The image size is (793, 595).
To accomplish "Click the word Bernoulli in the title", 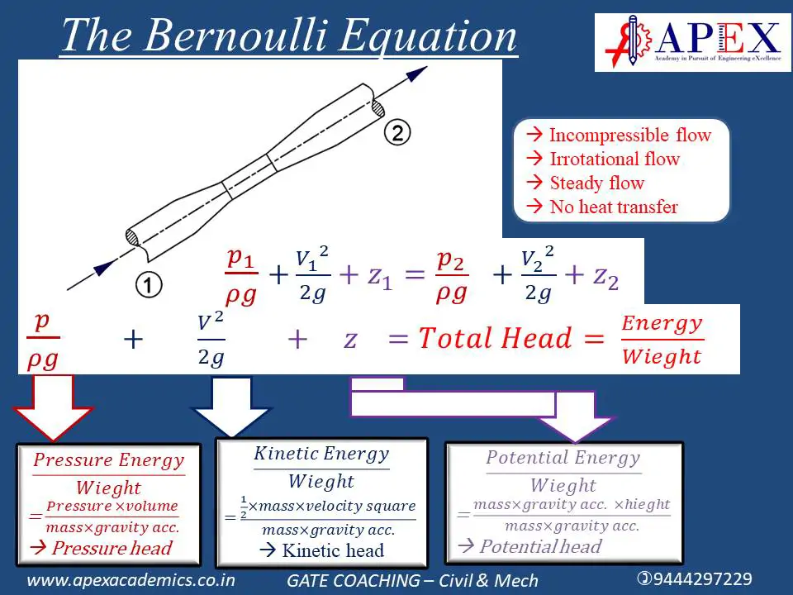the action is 235,36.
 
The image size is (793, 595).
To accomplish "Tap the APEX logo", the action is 692,42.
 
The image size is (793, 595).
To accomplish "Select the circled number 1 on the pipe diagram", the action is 149,284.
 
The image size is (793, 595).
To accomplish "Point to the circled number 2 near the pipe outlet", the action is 397,132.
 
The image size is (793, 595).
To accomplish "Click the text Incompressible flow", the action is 630,135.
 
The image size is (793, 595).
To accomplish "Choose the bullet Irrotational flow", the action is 615,159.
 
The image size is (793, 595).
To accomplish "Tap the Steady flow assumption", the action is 596,183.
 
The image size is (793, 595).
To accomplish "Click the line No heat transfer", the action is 614,207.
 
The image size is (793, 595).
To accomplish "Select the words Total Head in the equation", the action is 495,337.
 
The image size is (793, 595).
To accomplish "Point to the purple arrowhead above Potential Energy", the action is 576,428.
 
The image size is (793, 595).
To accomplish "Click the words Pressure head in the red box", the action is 112,548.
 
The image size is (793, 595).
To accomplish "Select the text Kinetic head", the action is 333,550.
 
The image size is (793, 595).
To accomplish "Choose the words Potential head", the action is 540,546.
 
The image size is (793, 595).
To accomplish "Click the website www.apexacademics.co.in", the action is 131,580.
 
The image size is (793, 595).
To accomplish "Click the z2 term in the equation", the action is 605,278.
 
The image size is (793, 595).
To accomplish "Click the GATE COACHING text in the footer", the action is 353,580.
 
